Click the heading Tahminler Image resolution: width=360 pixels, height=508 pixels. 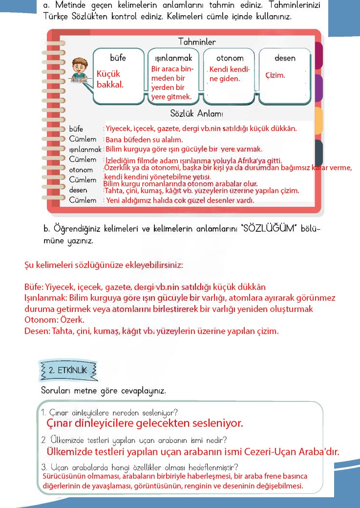pos(197,42)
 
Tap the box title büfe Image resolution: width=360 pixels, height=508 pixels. pos(118,58)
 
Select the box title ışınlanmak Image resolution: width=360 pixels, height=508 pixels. pos(173,58)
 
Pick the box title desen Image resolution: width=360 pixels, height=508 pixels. pos(285,58)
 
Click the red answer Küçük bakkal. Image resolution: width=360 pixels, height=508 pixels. pos(110,79)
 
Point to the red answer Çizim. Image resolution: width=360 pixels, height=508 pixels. pos(275,76)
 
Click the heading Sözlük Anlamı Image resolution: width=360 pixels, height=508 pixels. pos(196,114)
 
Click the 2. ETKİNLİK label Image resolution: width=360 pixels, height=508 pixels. pos(68,370)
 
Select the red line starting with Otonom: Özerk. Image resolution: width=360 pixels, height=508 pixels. pos(55,320)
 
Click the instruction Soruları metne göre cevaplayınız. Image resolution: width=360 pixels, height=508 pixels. pos(104,391)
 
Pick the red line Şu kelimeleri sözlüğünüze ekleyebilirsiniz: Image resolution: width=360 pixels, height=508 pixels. pos(104,265)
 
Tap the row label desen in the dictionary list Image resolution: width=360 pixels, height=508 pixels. pos(78,190)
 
